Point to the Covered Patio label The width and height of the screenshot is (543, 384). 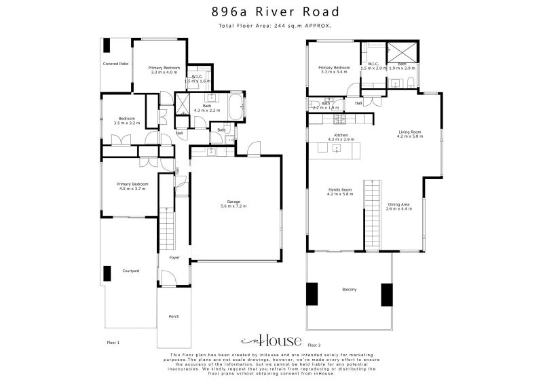(x=115, y=64)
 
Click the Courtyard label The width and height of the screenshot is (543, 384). (x=131, y=271)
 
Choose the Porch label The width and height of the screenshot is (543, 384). (x=174, y=317)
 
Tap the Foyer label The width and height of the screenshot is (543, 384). (x=174, y=258)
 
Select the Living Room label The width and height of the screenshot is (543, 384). (x=410, y=134)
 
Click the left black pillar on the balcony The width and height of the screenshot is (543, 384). (x=312, y=294)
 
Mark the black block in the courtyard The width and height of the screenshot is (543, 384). (x=107, y=273)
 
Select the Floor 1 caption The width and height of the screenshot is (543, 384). (x=113, y=343)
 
